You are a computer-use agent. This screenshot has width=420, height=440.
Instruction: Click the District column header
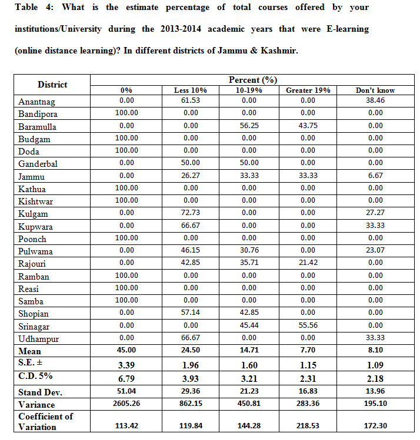(52, 85)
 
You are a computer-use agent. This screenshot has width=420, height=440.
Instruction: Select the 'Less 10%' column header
(190, 90)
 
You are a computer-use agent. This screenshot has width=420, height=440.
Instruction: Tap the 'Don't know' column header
(375, 90)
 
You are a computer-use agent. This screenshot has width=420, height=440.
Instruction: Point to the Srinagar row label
(35, 326)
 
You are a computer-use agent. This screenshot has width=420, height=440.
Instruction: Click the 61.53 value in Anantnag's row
(190, 101)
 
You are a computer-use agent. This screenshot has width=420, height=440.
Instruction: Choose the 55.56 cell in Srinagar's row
(308, 326)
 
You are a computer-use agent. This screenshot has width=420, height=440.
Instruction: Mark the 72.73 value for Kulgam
(190, 214)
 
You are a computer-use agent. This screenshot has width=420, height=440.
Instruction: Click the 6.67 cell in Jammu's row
(375, 176)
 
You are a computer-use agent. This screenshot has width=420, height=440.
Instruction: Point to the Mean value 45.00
(126, 351)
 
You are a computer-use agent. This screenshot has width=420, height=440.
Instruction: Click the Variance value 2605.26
(126, 404)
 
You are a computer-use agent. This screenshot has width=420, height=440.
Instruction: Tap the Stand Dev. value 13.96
(375, 392)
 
